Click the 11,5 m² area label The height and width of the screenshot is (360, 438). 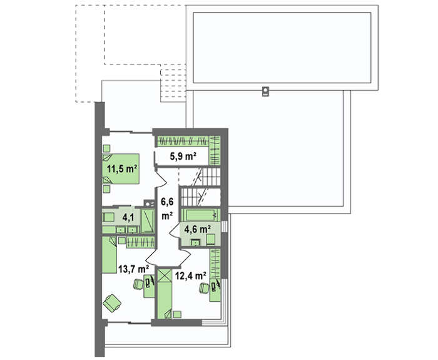pyautogui.click(x=122, y=169)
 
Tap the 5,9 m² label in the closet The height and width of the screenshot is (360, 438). pyautogui.click(x=183, y=157)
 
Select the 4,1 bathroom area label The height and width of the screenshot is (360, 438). pyautogui.click(x=128, y=217)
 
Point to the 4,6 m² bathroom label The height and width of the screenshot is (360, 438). pyautogui.click(x=197, y=229)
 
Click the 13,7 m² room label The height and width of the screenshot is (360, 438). pyautogui.click(x=133, y=269)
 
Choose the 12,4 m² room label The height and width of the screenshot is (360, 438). pyautogui.click(x=190, y=276)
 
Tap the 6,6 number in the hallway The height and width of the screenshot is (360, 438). pyautogui.click(x=166, y=201)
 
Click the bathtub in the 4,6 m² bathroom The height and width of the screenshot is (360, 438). pyautogui.click(x=201, y=215)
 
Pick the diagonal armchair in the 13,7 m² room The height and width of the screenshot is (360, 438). pyautogui.click(x=112, y=302)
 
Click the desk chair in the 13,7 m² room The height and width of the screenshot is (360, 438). pyautogui.click(x=138, y=284)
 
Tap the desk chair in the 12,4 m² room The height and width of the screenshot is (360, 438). pyautogui.click(x=204, y=288)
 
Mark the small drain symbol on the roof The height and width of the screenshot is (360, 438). pyautogui.click(x=266, y=91)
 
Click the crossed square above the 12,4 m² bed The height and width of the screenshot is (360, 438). pyautogui.click(x=164, y=275)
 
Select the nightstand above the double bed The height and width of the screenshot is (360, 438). pyautogui.click(x=106, y=148)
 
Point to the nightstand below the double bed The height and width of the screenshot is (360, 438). pyautogui.click(x=106, y=189)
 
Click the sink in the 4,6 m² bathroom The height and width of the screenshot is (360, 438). pyautogui.click(x=195, y=242)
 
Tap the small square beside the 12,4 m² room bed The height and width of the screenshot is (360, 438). pyautogui.click(x=177, y=314)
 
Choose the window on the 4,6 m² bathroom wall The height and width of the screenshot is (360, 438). pyautogui.click(x=225, y=227)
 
